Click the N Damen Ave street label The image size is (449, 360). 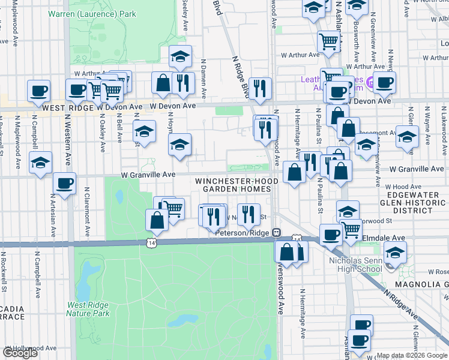[204, 78]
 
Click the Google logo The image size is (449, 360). [20, 353]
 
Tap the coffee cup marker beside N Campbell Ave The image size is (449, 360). [38, 91]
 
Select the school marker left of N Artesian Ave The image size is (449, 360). [41, 163]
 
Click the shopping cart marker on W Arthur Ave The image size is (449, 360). [328, 41]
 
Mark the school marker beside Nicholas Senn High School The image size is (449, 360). [395, 252]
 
